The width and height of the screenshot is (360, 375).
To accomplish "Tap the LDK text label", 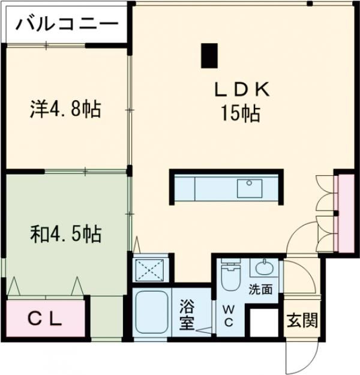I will [x=244, y=90].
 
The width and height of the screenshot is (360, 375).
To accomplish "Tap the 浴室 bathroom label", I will [x=187, y=314].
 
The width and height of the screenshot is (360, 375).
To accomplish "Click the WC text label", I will [x=229, y=315].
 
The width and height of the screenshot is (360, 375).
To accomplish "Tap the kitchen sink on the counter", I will [x=250, y=188].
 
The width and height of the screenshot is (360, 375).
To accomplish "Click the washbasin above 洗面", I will [x=262, y=268].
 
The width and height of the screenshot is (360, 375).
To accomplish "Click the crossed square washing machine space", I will [x=148, y=269].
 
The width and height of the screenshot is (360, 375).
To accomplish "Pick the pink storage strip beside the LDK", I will [x=345, y=214].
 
